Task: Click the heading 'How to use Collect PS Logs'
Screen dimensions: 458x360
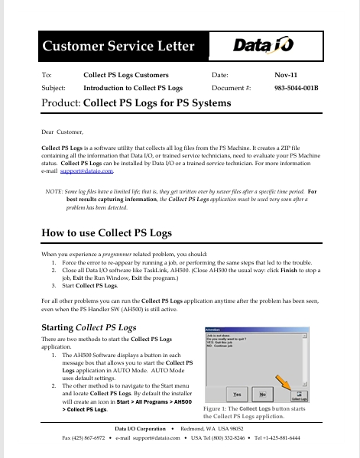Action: coord(106,232)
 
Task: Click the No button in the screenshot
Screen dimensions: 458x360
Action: coord(262,395)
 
